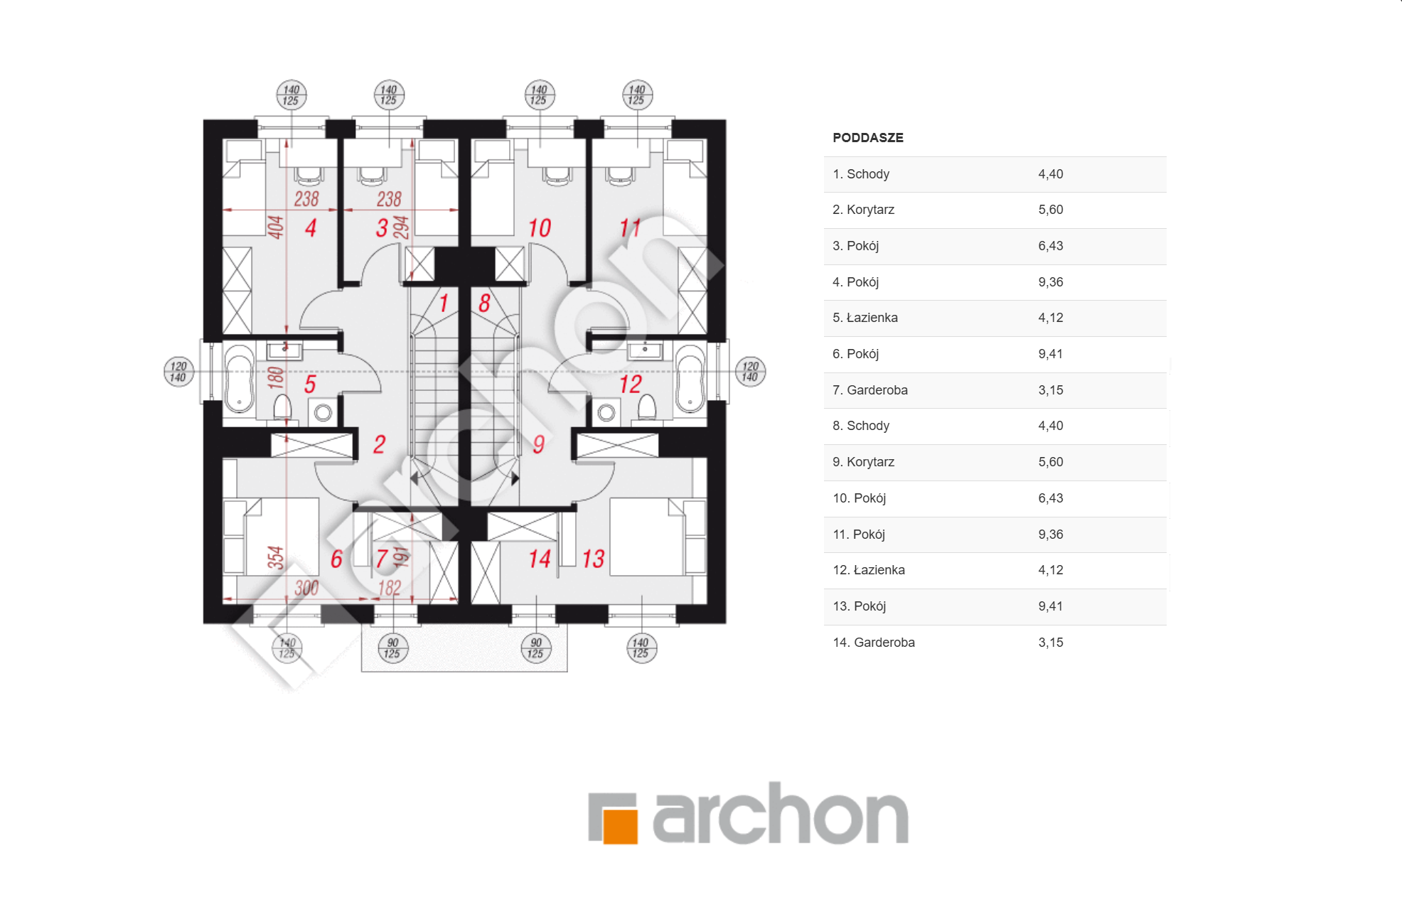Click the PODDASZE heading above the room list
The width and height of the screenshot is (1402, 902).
(x=867, y=138)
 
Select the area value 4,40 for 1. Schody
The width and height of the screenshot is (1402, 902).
(x=1050, y=174)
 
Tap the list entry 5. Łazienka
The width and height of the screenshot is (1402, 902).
(x=865, y=318)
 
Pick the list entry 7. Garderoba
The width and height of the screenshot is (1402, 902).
(x=869, y=390)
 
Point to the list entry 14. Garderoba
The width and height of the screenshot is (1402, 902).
(x=873, y=643)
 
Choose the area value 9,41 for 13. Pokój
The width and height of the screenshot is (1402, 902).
(x=1050, y=606)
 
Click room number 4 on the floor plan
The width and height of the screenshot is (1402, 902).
(x=311, y=228)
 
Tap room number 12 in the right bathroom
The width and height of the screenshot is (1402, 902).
(x=630, y=385)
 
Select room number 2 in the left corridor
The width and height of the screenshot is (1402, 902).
(x=379, y=444)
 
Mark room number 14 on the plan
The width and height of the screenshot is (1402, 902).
(x=540, y=559)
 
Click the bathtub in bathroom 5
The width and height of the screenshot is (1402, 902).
(x=240, y=379)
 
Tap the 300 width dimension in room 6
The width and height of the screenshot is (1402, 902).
(x=306, y=588)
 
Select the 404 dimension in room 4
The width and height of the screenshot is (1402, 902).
(x=275, y=227)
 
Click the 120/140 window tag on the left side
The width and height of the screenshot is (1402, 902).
(x=178, y=372)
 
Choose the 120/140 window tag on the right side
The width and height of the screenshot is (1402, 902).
(x=750, y=372)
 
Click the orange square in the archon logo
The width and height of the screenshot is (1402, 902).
(x=620, y=825)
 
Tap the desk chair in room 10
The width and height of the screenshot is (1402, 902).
(x=557, y=176)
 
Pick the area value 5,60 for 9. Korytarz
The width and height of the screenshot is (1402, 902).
(x=1050, y=462)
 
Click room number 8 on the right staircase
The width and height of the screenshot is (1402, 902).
(x=484, y=304)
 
